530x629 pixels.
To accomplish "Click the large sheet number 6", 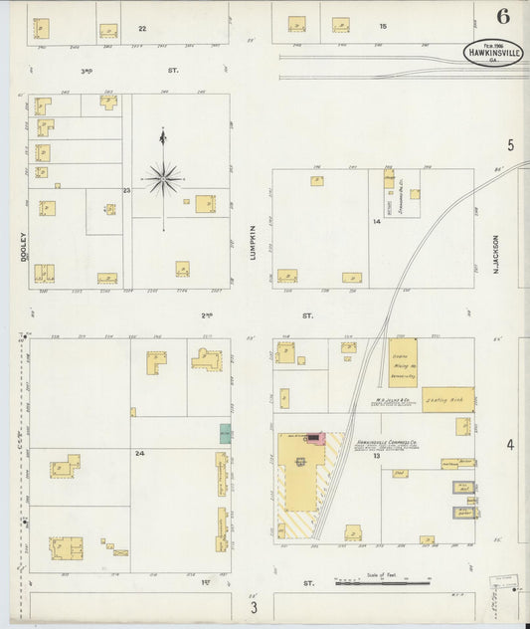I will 504,16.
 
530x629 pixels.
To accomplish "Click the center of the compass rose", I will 163,179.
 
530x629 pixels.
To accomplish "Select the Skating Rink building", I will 447,399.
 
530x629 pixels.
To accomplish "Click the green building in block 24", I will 226,433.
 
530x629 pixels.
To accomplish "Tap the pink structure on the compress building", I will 316,437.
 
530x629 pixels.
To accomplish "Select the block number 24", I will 140,453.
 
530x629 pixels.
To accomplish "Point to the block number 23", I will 126,189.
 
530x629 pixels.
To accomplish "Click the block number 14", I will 377,221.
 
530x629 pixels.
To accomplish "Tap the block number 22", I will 142,29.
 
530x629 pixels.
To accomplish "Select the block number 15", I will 382,24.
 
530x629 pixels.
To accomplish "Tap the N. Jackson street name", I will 494,254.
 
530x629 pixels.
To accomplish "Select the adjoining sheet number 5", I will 511,145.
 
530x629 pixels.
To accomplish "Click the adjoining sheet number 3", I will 255,608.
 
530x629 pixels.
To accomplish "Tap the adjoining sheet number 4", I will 511,444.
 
